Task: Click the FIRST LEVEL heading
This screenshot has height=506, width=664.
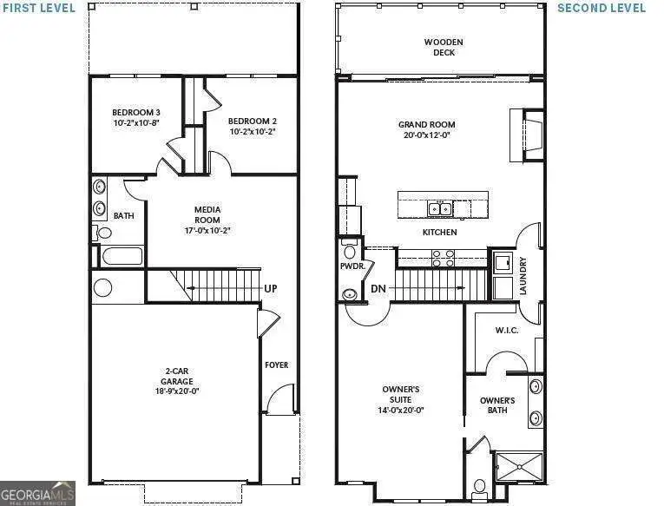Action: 38,8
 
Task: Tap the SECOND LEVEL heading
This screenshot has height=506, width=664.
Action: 601,8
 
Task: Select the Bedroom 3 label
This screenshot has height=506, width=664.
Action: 135,118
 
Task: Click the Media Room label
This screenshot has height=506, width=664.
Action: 207,220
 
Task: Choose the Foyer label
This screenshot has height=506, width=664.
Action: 276,365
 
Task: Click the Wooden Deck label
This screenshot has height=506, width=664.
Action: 443,47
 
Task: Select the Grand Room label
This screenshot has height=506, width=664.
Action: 425,129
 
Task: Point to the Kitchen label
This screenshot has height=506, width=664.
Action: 439,233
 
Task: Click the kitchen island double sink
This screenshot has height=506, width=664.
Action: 440,208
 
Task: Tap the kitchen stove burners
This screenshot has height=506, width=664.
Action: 442,257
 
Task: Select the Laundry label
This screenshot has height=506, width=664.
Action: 523,275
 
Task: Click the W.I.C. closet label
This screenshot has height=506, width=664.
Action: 506,330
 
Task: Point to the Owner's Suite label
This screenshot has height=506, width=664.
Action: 402,399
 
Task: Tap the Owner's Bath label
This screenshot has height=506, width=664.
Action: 497,405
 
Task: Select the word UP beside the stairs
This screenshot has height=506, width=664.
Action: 271,289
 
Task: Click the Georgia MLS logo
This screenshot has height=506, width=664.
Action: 37,492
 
